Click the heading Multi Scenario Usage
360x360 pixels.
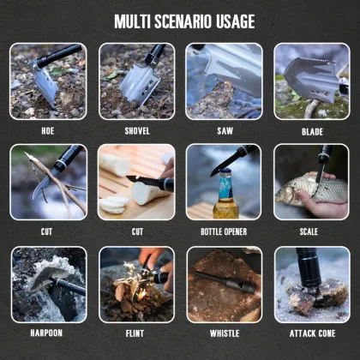(x=184, y=21)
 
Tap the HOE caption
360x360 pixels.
(x=48, y=131)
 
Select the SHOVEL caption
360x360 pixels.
(x=137, y=131)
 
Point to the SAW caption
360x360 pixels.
(x=225, y=131)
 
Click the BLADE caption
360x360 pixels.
(x=312, y=132)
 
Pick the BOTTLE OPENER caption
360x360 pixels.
(x=224, y=231)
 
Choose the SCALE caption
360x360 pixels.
(x=309, y=231)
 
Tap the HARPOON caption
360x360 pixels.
(x=46, y=333)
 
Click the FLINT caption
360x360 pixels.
(x=135, y=333)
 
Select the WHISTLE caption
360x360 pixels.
(x=225, y=333)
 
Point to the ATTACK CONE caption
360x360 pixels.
(x=312, y=333)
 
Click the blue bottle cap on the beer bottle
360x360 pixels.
(x=225, y=171)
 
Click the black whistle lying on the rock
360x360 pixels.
(x=225, y=282)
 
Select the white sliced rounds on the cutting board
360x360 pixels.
(x=114, y=204)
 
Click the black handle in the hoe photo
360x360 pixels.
(x=59, y=56)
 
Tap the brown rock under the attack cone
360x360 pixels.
(x=317, y=296)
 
